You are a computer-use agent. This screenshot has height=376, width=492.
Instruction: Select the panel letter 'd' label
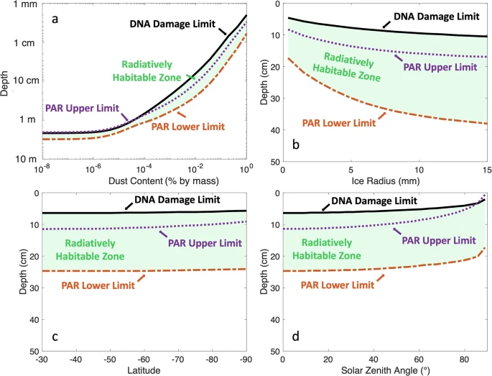click(x=294, y=335)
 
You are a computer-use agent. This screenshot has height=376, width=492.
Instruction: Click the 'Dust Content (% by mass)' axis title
click(x=143, y=179)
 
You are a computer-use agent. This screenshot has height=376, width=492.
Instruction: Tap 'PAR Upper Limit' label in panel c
click(x=204, y=242)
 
